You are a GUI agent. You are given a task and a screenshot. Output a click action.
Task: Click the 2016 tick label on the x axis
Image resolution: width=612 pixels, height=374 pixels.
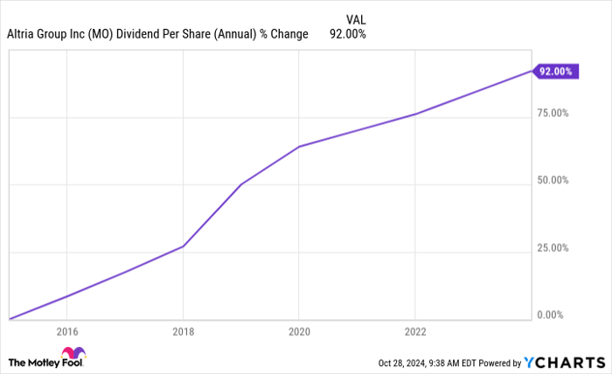pyautogui.click(x=66, y=332)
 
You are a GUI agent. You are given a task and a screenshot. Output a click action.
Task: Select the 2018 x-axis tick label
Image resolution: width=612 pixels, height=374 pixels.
pyautogui.click(x=183, y=332)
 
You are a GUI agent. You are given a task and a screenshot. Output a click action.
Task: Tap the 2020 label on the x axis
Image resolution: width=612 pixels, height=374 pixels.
pyautogui.click(x=299, y=332)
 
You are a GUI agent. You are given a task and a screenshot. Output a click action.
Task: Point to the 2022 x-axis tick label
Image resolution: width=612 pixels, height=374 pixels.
pyautogui.click(x=415, y=332)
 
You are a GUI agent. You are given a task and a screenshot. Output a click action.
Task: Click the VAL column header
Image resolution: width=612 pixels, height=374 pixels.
pyautogui.click(x=356, y=17)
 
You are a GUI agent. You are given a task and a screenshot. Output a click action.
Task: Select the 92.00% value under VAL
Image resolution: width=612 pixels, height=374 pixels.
pyautogui.click(x=347, y=34)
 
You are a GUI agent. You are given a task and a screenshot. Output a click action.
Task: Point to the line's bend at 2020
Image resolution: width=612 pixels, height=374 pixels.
pyautogui.click(x=299, y=147)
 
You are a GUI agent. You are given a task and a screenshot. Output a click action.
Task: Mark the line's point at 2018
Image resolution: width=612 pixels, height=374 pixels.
pyautogui.click(x=183, y=246)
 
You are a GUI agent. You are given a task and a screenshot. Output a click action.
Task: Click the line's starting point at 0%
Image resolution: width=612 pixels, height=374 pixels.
pyautogui.click(x=10, y=319)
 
